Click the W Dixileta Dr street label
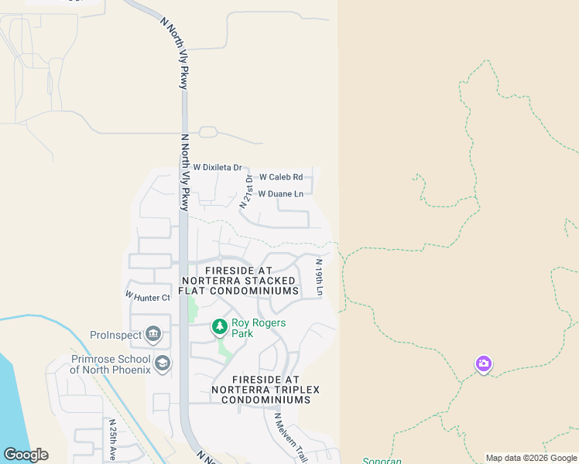[218, 167]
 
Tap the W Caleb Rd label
[280, 177]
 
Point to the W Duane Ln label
[280, 194]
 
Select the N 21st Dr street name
[246, 192]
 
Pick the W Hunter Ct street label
[147, 296]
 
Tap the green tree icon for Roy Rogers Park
[220, 328]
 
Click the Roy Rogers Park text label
[259, 328]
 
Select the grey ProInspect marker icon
[153, 335]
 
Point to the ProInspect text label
[116, 335]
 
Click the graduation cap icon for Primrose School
[163, 363]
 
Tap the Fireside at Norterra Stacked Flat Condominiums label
[239, 280]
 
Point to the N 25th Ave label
[111, 438]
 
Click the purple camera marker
[484, 363]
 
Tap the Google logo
[26, 455]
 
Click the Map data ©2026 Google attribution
[530, 458]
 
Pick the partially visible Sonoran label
[383, 461]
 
